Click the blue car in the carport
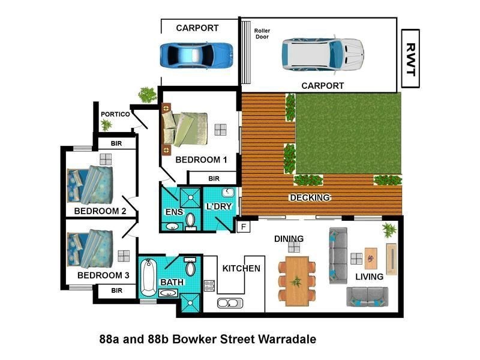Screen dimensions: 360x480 tap(196, 55)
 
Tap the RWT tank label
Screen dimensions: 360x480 tap(410, 58)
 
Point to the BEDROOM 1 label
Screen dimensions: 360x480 tap(201, 160)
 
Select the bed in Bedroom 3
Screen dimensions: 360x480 tap(89, 248)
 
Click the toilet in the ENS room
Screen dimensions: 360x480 tap(191, 221)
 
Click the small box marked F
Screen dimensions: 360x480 tap(244, 227)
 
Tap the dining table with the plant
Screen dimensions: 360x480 tap(295, 281)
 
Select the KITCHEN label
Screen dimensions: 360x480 tap(241, 268)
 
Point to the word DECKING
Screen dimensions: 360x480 tap(310, 197)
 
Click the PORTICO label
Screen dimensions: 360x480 tap(115, 113)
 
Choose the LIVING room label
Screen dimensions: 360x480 tap(369, 277)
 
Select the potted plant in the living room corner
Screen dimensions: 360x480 tap(389, 229)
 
